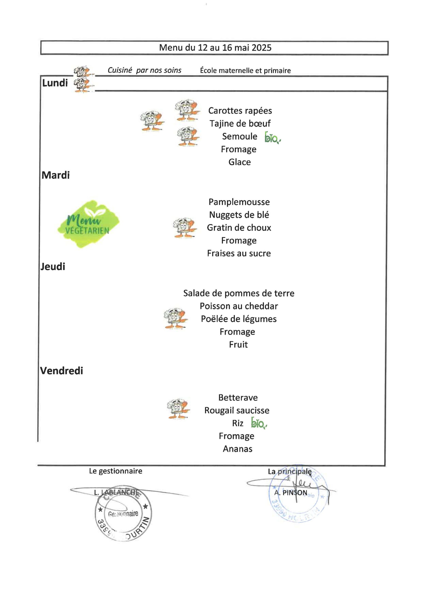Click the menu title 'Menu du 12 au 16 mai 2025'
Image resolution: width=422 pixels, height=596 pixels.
(215, 48)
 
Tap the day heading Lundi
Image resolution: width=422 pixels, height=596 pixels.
(55, 83)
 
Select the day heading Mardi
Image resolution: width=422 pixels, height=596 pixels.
(56, 175)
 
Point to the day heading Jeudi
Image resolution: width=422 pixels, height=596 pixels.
(53, 267)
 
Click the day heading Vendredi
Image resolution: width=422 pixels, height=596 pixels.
(62, 371)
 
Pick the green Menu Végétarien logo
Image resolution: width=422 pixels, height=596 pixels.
(88, 224)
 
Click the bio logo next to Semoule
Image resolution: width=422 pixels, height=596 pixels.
(272, 138)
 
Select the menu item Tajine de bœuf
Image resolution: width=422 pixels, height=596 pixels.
(240, 124)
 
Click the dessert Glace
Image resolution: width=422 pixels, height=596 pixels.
(239, 162)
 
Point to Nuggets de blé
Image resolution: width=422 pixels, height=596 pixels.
(239, 215)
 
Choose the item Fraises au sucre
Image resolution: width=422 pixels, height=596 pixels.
(239, 253)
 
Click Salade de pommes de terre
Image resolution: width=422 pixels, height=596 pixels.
(239, 293)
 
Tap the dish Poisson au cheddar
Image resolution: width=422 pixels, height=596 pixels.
(239, 306)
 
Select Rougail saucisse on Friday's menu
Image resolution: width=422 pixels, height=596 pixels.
(237, 410)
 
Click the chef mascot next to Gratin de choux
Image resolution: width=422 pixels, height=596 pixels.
(185, 227)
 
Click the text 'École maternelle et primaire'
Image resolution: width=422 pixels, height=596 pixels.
(245, 71)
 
